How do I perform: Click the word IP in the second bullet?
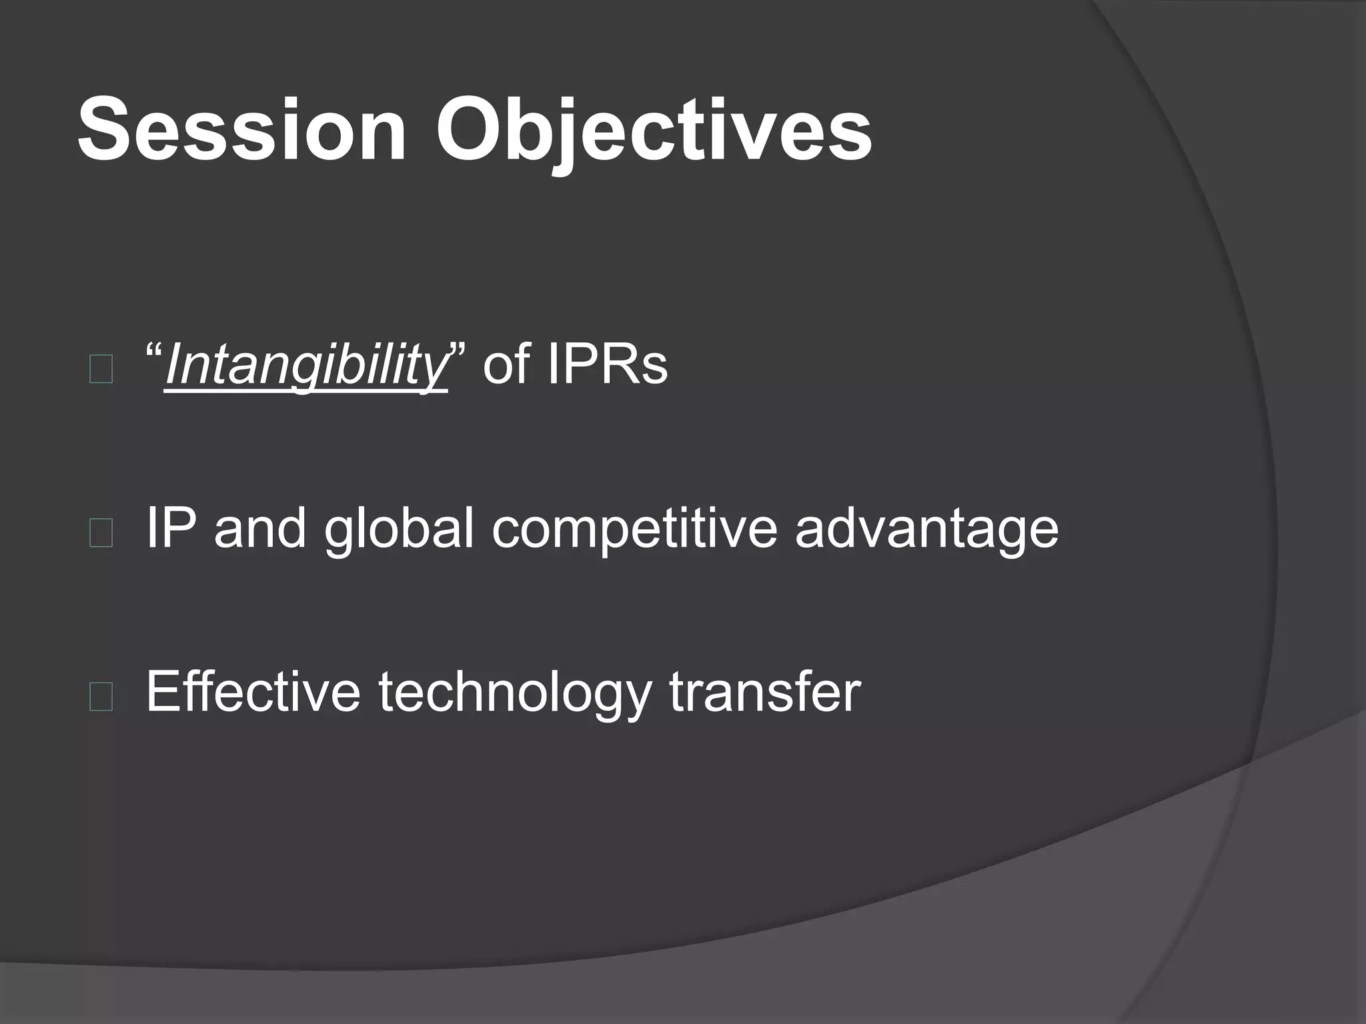(x=170, y=528)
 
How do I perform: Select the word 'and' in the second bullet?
(x=260, y=528)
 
